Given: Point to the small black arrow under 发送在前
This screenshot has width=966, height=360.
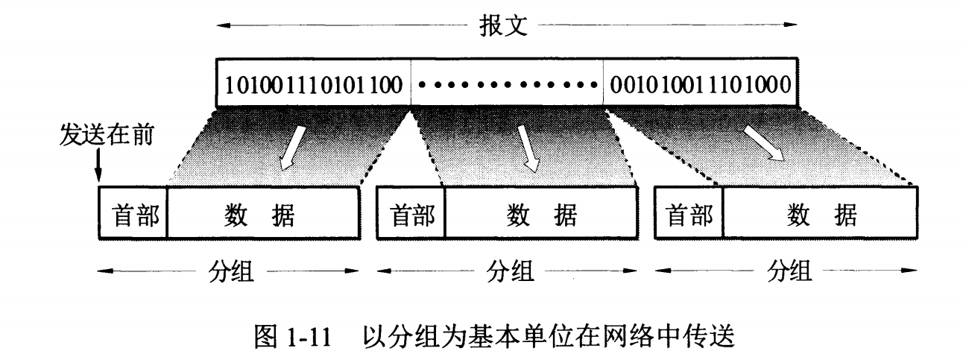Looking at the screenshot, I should click(98, 167).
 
